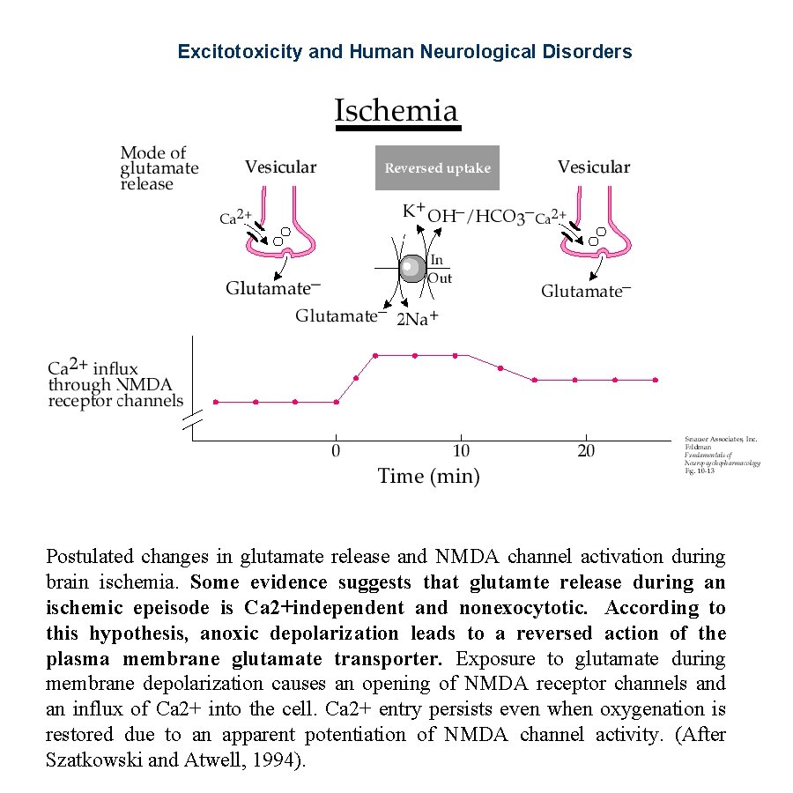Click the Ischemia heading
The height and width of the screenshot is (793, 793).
tap(396, 111)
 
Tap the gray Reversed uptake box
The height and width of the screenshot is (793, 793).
tap(437, 168)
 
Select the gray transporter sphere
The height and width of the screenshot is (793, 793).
tap(412, 268)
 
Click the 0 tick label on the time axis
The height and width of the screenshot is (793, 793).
tap(336, 452)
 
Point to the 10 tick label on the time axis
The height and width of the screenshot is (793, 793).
tap(461, 452)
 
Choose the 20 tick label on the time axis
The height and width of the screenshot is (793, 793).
tap(586, 452)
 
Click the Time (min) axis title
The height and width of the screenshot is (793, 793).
tap(428, 477)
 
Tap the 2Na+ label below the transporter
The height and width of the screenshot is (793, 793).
tap(418, 319)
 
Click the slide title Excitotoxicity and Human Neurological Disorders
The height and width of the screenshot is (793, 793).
tap(404, 52)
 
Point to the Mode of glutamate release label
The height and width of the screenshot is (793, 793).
tap(159, 168)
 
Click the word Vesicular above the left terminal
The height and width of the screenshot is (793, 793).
tap(280, 167)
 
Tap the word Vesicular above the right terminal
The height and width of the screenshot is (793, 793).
tap(594, 167)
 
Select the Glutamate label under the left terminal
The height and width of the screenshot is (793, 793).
tap(272, 288)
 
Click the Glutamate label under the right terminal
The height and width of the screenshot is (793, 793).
tap(586, 291)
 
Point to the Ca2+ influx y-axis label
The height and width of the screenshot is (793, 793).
tap(115, 384)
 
